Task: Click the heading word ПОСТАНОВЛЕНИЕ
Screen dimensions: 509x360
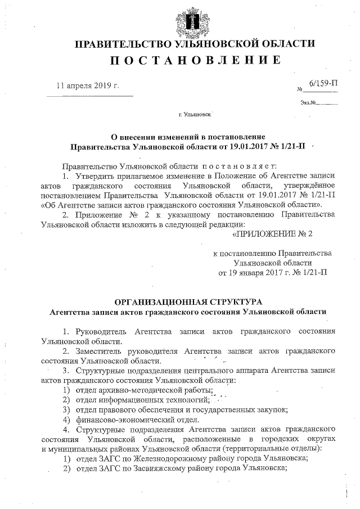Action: [x=193, y=60]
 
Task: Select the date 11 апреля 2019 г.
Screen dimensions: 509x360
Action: [x=88, y=86]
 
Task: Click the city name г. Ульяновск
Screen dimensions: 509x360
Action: [x=194, y=114]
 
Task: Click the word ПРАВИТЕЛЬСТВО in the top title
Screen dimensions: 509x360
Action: [x=125, y=43]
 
